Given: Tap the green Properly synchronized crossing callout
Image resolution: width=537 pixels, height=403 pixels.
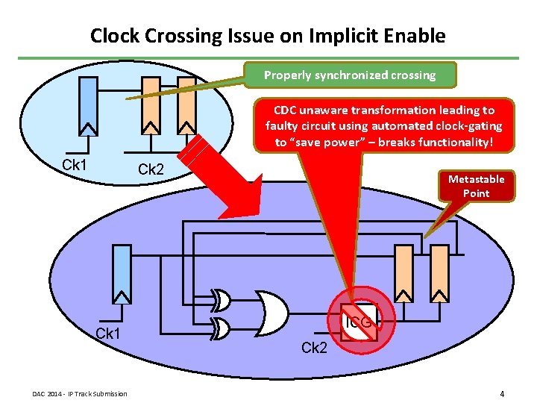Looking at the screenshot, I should [350, 75].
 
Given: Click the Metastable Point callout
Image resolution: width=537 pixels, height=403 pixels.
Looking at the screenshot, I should [476, 186].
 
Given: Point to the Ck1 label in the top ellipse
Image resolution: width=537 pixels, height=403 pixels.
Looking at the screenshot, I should [74, 164].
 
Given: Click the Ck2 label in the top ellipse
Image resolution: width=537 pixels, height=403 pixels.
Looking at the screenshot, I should [151, 169].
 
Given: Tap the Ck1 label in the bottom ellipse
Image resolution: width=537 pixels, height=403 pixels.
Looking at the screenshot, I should [110, 333].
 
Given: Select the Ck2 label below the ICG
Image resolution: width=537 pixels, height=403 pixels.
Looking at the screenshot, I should [314, 347].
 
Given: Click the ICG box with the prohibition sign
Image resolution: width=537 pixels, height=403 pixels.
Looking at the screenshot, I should [359, 320].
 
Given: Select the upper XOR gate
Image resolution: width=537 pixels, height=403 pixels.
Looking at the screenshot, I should [222, 301].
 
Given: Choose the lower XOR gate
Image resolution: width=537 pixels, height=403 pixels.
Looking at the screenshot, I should [222, 326].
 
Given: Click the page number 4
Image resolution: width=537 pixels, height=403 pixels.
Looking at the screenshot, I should [503, 393].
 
